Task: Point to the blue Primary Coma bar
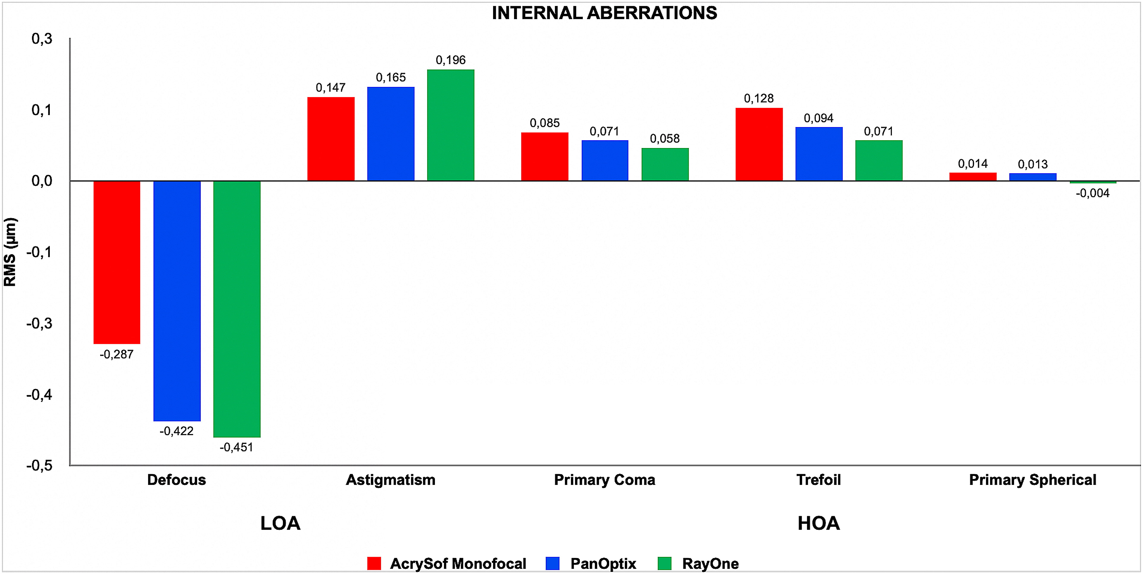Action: coord(605,161)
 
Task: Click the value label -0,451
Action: coord(237,448)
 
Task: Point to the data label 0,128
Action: coord(759,98)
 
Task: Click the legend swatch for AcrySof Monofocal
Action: coord(374,563)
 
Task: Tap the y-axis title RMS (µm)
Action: coord(10,252)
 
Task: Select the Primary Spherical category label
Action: coord(1033,480)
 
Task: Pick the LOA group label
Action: coord(281,523)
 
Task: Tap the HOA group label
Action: coord(819,523)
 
